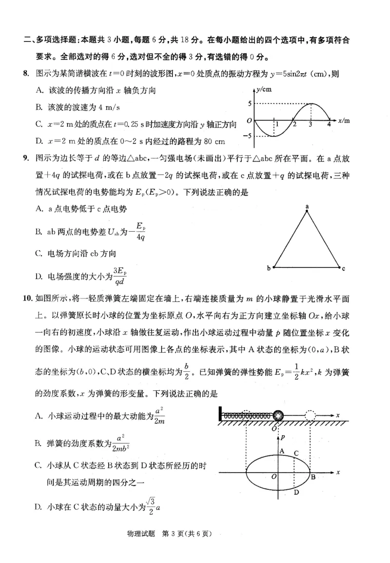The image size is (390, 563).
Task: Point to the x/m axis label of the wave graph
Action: point(343,120)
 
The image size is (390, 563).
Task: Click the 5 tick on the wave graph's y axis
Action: point(249,103)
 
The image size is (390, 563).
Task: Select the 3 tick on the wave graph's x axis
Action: point(311,125)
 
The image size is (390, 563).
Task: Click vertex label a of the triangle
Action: point(308,207)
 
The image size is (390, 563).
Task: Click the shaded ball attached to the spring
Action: point(278,416)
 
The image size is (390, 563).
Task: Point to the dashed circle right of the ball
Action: point(311,416)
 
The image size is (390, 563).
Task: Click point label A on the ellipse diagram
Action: point(282,451)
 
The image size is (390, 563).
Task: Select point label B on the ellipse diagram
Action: point(313,477)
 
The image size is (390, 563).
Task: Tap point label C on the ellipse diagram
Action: point(296,453)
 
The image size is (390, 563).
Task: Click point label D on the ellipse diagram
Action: point(296,492)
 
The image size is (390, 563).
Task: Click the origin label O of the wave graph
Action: point(249,120)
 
